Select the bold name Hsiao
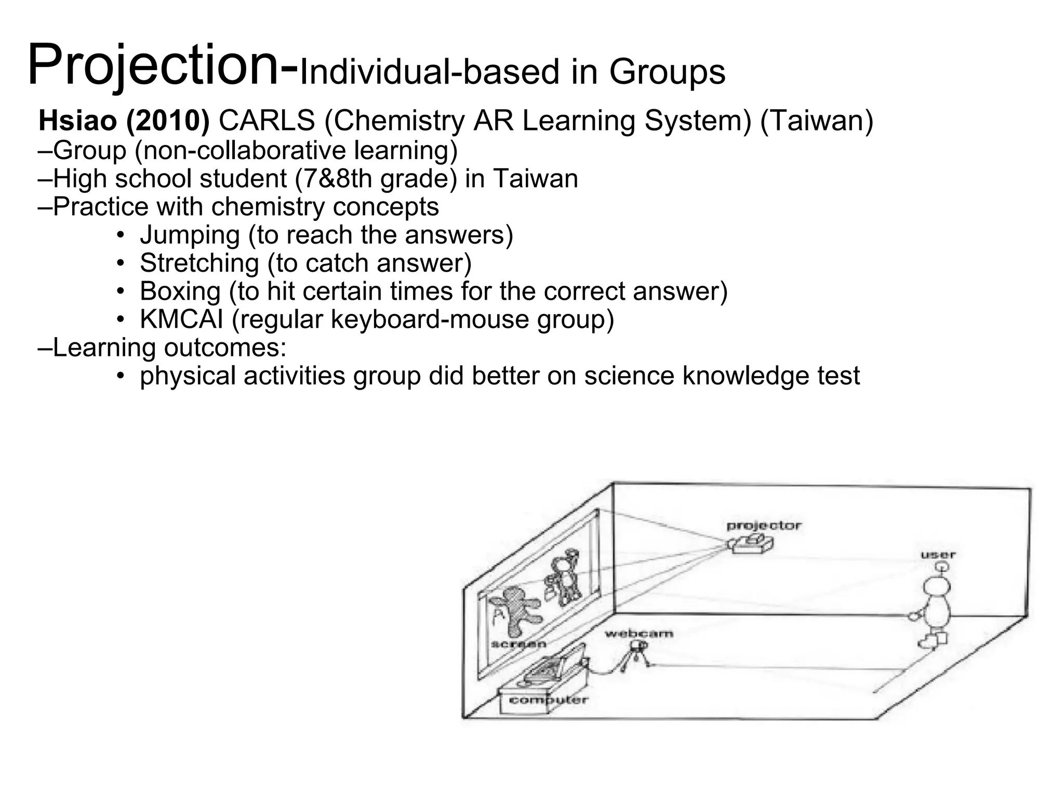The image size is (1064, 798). point(77,121)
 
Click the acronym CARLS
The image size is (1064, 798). point(267,121)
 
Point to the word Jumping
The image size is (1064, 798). point(190,235)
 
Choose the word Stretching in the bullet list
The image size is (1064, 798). point(199,263)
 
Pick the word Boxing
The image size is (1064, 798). point(180,291)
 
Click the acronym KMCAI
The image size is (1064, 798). point(181,319)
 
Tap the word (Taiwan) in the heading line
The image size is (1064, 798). point(817,121)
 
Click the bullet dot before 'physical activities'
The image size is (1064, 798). point(121,376)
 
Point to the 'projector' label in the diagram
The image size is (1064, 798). point(764,526)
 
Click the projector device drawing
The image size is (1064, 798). point(752,544)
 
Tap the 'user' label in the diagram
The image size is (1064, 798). point(938,555)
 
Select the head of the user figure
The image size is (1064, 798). point(937,586)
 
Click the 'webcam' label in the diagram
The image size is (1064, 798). point(639,633)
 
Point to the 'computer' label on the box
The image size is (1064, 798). point(548,700)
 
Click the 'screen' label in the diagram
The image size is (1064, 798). point(518,644)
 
